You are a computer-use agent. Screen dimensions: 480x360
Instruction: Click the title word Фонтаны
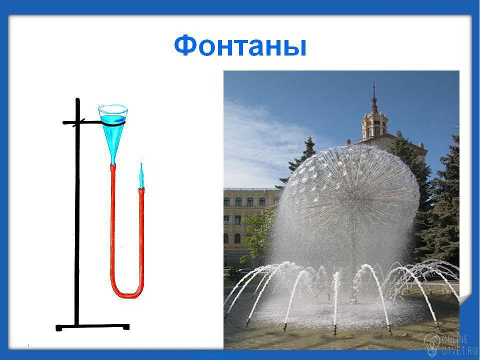click(240, 45)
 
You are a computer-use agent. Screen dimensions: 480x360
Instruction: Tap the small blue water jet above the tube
click(141, 175)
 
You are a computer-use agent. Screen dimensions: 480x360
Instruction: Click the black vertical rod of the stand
click(77, 211)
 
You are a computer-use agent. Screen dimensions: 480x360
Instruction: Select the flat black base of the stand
click(92, 327)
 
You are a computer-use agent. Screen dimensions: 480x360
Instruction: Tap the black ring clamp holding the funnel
click(113, 123)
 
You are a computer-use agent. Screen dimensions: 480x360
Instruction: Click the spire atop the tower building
click(374, 98)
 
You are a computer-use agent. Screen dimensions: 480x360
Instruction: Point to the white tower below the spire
click(374, 126)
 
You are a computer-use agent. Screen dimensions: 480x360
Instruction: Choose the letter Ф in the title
click(185, 45)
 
